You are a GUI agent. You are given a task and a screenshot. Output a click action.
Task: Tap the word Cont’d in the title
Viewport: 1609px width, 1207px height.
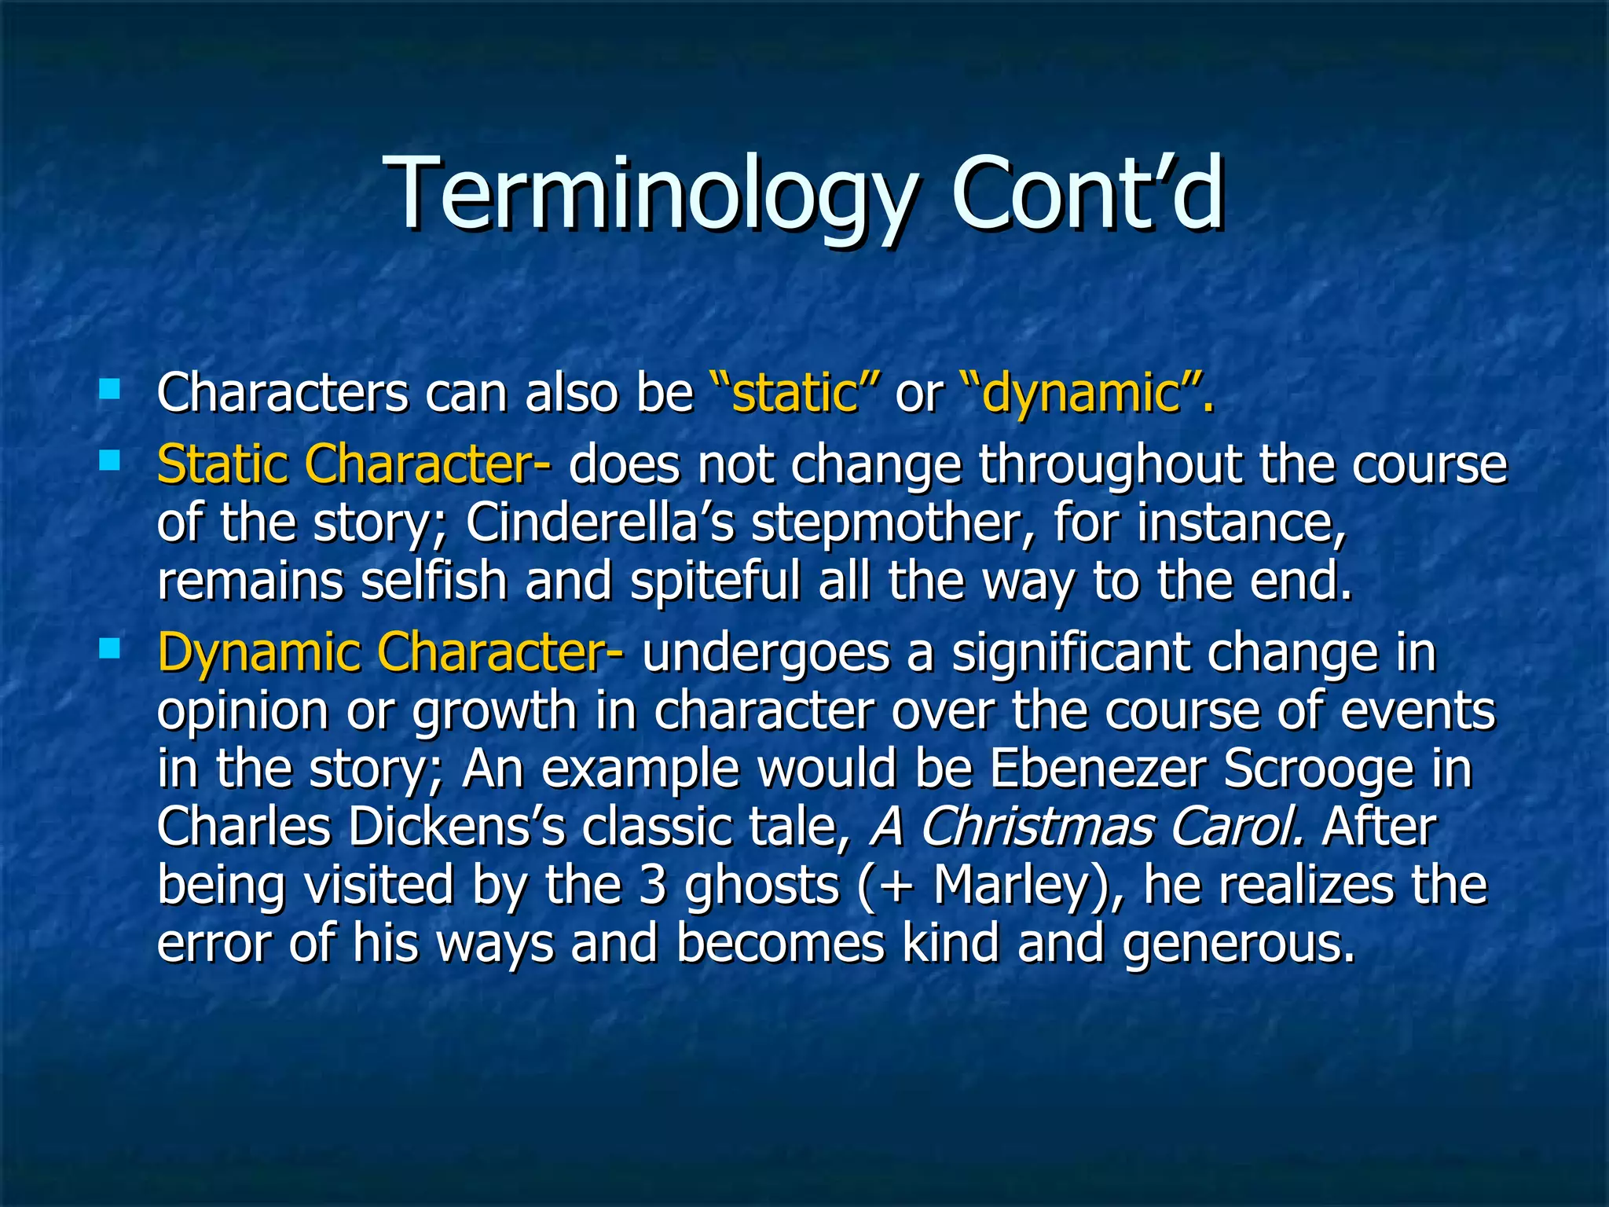(x=1087, y=194)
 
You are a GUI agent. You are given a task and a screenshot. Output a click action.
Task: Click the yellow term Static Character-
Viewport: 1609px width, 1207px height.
(x=354, y=464)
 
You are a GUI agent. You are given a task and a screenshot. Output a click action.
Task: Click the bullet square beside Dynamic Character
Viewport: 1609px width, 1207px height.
(x=109, y=648)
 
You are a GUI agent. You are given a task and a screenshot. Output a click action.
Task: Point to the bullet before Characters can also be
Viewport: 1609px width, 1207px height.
(x=109, y=388)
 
